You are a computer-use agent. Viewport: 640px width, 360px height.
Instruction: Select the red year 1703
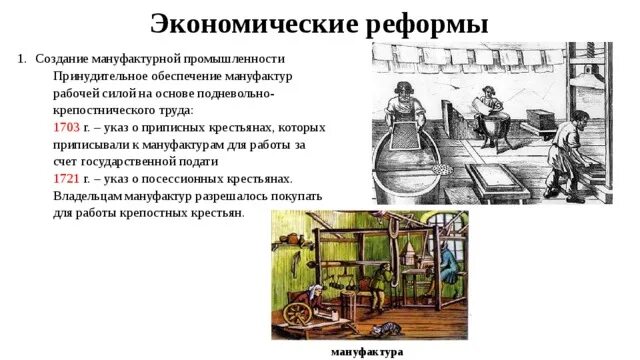pyautogui.click(x=66, y=129)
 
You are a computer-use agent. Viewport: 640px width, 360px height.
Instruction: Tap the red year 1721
pyautogui.click(x=66, y=177)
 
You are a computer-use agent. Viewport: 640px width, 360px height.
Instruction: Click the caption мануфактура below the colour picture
pyautogui.click(x=367, y=352)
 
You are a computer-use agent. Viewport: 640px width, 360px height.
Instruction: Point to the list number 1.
pyautogui.click(x=22, y=58)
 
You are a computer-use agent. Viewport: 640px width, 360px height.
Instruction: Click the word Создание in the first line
pyautogui.click(x=62, y=58)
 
